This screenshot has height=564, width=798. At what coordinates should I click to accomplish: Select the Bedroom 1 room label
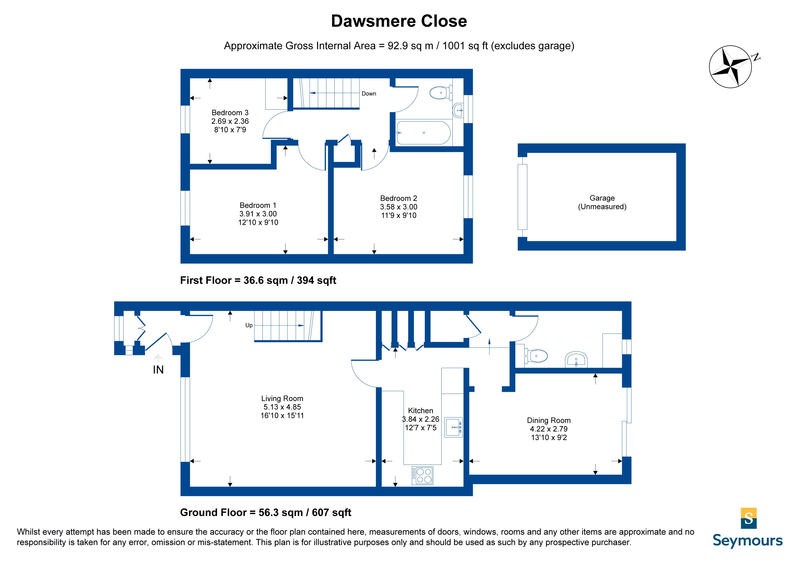[258, 214]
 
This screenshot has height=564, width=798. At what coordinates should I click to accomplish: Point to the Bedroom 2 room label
[399, 207]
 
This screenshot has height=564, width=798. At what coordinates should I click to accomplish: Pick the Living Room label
[282, 407]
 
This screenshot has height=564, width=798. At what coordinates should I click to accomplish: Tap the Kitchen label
[421, 419]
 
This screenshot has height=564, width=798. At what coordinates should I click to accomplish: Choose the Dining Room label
[549, 429]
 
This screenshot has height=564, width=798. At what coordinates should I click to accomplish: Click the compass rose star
[730, 66]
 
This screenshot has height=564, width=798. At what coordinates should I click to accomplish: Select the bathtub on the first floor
[423, 133]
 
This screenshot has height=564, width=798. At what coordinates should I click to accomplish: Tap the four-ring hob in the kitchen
[422, 475]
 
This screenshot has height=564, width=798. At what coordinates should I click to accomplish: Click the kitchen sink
[454, 427]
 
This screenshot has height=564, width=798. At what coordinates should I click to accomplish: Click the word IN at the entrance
[158, 370]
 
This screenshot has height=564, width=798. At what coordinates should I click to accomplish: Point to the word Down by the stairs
[369, 93]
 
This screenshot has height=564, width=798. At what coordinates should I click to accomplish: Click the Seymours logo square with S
[749, 518]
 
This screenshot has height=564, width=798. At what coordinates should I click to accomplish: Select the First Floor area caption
[258, 281]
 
